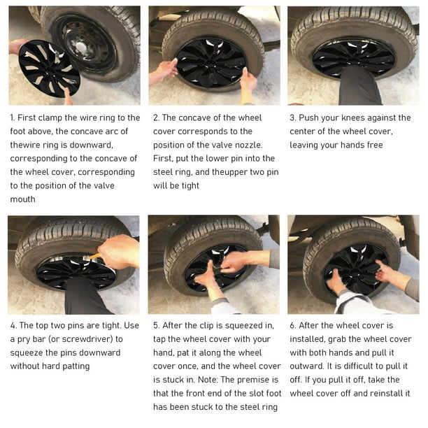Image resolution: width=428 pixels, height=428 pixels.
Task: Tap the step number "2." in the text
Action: tap(156, 118)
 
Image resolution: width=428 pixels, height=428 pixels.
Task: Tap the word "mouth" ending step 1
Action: tap(22, 199)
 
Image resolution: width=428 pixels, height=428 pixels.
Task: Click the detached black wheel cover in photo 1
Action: tap(49, 69)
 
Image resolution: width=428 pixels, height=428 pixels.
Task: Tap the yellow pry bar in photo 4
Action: tap(94, 257)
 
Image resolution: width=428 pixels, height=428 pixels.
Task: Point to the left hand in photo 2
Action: tap(165, 71)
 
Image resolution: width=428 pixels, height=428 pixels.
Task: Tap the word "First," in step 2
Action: tap(163, 159)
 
